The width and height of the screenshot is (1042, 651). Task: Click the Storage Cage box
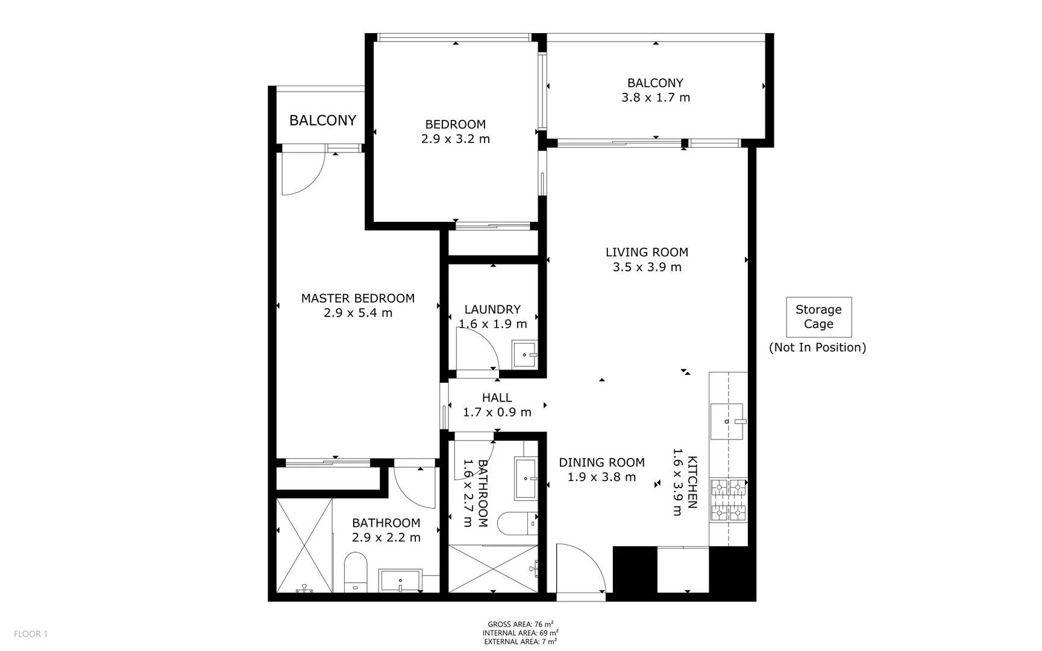pos(818,317)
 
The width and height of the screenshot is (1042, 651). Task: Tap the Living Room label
pos(647,253)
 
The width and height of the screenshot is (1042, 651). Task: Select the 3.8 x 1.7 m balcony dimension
pos(656,98)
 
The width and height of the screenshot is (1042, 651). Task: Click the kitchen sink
pos(727,421)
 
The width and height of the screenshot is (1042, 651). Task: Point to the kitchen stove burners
pos(729,500)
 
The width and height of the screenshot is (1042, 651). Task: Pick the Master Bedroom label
pos(358,298)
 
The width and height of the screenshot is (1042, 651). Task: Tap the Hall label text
pos(497,398)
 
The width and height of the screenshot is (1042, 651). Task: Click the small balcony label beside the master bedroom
pos(322,121)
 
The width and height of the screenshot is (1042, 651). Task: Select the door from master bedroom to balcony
pos(303,172)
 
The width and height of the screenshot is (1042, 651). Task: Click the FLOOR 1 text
pos(31,634)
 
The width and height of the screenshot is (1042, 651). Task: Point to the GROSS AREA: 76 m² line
pos(520,624)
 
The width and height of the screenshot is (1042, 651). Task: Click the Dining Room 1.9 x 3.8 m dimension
pos(601,477)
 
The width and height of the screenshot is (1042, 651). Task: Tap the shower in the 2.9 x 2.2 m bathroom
pos(304,544)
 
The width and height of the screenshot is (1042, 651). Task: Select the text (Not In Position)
pos(817,347)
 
